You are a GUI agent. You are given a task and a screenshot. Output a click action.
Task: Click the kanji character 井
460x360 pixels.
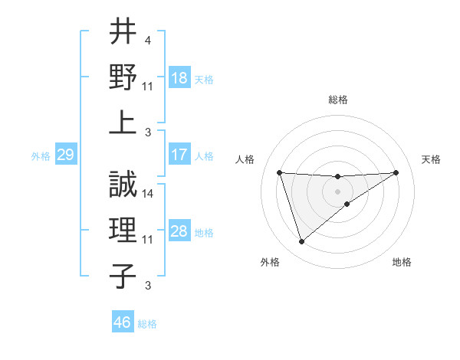pyautogui.click(x=123, y=32)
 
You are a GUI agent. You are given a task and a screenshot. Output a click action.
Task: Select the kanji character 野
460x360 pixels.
pyautogui.click(x=123, y=77)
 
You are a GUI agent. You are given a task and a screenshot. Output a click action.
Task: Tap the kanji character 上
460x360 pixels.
pyautogui.click(x=123, y=123)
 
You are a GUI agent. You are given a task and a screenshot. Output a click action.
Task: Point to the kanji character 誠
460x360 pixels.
pyautogui.click(x=123, y=184)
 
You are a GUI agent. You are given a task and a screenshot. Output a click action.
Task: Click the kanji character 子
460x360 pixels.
pyautogui.click(x=123, y=276)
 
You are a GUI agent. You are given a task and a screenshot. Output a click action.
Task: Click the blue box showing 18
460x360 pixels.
pyautogui.click(x=179, y=78)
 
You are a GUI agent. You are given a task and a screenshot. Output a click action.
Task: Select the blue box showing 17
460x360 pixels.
pyautogui.click(x=179, y=155)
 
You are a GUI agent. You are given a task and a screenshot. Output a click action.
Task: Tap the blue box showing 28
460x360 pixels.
pyautogui.click(x=179, y=231)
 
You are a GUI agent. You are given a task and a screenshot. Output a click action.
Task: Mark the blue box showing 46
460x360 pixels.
pyautogui.click(x=123, y=322)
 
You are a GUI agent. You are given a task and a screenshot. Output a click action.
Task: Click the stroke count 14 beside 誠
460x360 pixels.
pyautogui.click(x=149, y=194)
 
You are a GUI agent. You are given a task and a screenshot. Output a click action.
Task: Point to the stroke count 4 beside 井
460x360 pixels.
pyautogui.click(x=148, y=40)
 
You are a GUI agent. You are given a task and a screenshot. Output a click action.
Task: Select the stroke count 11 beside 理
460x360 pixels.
pyautogui.click(x=149, y=240)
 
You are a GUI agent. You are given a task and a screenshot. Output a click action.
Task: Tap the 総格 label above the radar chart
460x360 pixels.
pyautogui.click(x=337, y=100)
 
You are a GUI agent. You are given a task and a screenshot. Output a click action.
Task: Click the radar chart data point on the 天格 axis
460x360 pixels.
pyautogui.click(x=396, y=172)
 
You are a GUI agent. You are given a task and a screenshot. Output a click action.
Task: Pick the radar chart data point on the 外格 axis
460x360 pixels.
pyautogui.click(x=301, y=242)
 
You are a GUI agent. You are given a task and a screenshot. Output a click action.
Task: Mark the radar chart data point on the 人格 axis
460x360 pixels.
pyautogui.click(x=280, y=172)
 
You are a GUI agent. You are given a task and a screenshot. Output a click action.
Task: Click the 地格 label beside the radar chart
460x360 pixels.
pyautogui.click(x=402, y=263)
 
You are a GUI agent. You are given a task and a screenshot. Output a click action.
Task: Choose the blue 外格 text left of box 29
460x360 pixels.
pyautogui.click(x=41, y=156)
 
